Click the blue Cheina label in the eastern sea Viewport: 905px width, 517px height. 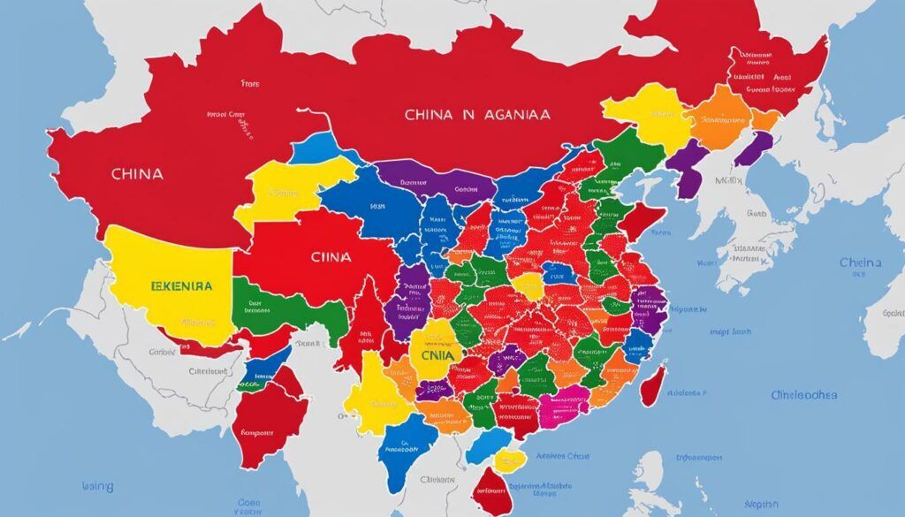(x=860, y=262)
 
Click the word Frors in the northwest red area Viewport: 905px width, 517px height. (x=250, y=85)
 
